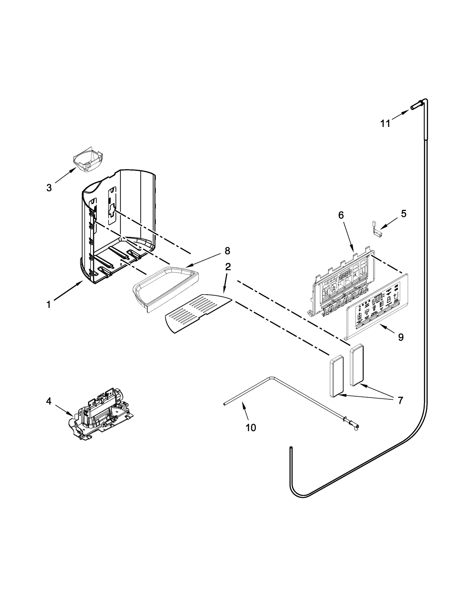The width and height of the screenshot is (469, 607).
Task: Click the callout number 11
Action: (x=385, y=124)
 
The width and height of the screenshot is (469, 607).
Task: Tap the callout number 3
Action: (x=49, y=188)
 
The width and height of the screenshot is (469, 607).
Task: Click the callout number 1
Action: (x=49, y=305)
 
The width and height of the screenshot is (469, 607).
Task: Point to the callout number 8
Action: (x=227, y=251)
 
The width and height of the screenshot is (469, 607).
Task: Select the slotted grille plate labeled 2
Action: (x=197, y=313)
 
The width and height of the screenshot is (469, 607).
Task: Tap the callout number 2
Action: (x=228, y=267)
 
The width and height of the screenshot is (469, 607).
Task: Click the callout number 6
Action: (x=341, y=215)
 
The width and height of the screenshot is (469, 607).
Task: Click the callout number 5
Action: (x=404, y=214)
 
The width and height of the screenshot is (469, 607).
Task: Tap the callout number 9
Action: (x=401, y=337)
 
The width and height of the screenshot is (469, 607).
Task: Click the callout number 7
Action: (x=400, y=400)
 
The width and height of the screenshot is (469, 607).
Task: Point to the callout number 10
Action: (x=251, y=428)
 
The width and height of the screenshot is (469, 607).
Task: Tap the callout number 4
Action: (x=49, y=401)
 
